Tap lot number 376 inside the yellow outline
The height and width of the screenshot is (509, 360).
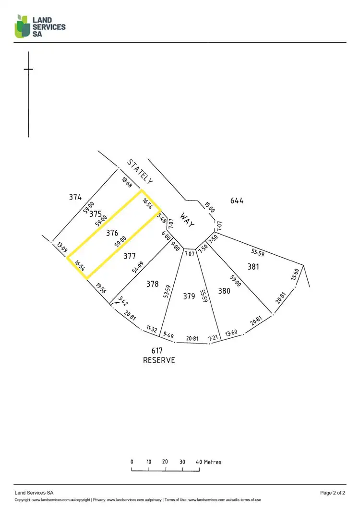[112, 233]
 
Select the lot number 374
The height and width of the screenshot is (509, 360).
[75, 197]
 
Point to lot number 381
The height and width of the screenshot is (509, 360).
[253, 266]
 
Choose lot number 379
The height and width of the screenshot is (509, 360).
[189, 296]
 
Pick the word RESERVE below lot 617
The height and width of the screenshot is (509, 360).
[159, 360]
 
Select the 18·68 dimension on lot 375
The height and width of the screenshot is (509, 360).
[127, 182]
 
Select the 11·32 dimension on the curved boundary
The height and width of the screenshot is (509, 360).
[152, 329]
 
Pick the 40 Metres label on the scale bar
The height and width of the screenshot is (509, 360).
[209, 462]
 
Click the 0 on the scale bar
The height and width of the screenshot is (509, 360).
[132, 462]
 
